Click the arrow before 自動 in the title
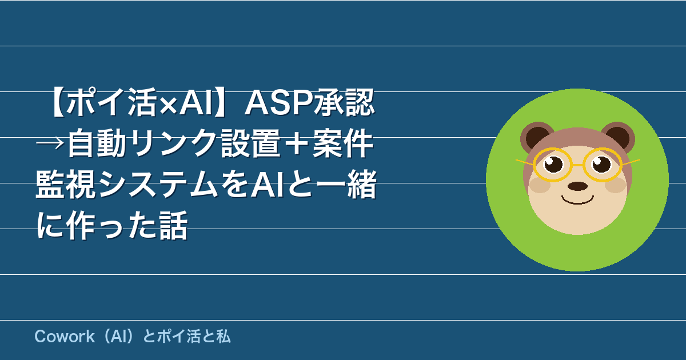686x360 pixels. pos(51,143)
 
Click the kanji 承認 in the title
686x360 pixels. pos(342,102)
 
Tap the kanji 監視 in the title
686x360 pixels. pos(66,184)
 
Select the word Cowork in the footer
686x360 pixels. pos(64,337)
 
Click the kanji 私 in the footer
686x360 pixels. pos(223,337)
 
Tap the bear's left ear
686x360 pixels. pos(537,137)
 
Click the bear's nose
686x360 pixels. pos(577,186)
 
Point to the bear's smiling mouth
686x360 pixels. pos(577,201)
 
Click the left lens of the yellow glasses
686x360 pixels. pos(553,165)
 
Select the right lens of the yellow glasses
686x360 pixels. pos(603,165)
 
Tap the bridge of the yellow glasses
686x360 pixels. pos(577,165)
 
